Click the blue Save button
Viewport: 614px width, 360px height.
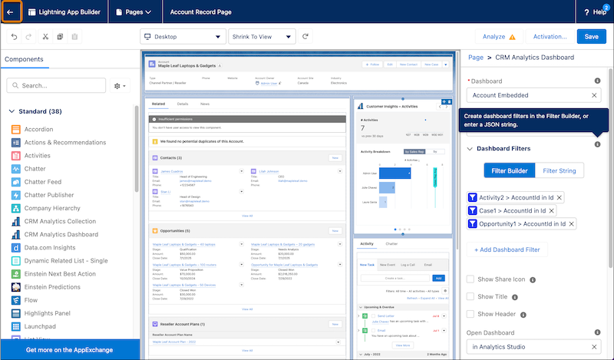(591, 36)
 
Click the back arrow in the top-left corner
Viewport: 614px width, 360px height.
(11, 12)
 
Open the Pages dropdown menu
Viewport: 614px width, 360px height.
(133, 12)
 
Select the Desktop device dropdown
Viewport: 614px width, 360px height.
(182, 36)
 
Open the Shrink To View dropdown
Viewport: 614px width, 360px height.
(262, 36)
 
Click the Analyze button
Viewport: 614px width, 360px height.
(498, 36)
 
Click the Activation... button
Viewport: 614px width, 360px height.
(550, 36)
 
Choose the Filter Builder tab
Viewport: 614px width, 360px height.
(508, 170)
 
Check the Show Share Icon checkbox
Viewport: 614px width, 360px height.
(470, 279)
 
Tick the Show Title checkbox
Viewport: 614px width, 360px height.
(470, 296)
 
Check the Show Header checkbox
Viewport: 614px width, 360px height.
(470, 314)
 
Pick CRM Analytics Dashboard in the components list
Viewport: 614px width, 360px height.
(61, 234)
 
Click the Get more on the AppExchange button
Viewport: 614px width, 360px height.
(70, 350)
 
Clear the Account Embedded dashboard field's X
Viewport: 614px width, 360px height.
(594, 95)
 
